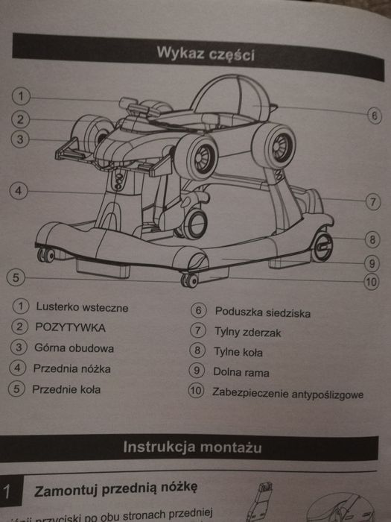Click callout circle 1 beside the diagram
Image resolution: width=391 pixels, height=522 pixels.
22,95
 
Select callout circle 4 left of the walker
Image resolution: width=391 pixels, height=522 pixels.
19,190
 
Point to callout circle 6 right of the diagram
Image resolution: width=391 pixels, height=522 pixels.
375,116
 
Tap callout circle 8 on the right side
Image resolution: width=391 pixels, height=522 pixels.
373,240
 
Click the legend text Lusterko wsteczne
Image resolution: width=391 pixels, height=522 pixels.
81,307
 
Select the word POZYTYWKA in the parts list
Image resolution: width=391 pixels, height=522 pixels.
70,327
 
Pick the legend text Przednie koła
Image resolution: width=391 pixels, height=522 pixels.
67,389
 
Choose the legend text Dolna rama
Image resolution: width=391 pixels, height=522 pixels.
241,372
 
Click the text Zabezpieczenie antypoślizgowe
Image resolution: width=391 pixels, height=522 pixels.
287,392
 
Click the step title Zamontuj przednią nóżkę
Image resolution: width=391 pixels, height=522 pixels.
115,488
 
